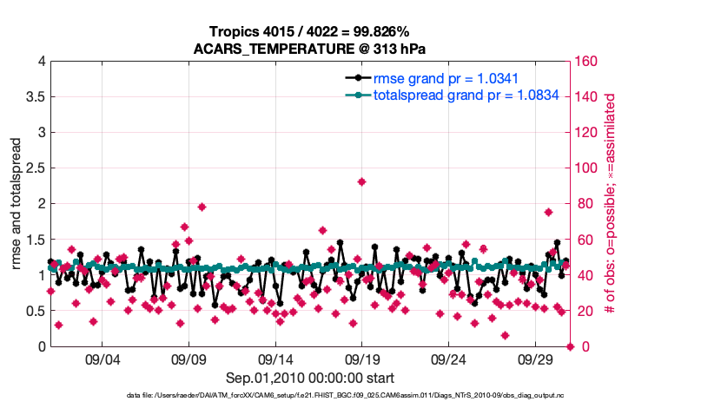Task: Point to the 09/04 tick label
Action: (102, 359)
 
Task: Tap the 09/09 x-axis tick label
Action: (189, 359)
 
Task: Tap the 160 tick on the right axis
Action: (587, 62)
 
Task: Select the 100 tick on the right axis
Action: (587, 168)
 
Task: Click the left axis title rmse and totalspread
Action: (17, 204)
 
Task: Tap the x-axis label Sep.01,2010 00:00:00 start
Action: (310, 378)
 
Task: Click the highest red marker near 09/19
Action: (361, 181)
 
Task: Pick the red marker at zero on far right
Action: (570, 346)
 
